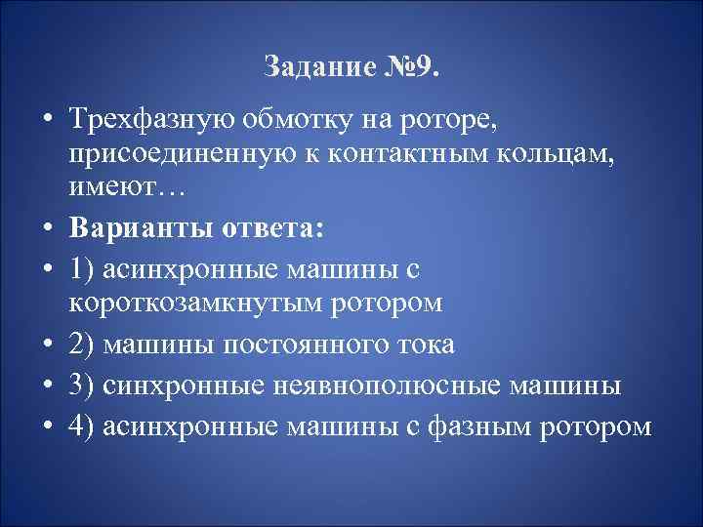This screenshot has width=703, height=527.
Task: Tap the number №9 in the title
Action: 411,68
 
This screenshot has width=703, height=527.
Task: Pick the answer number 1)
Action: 82,264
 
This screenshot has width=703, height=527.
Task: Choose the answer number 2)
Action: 82,345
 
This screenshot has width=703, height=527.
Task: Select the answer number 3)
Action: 82,385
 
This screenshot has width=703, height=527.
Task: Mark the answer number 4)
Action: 82,426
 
